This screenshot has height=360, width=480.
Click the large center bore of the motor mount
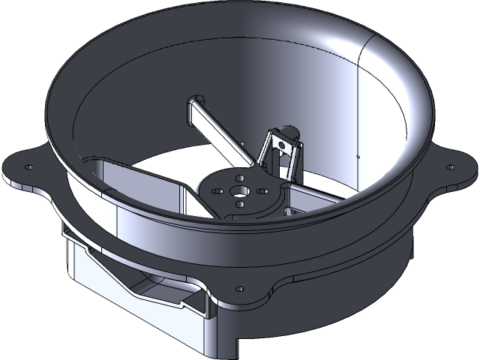coord(238,190)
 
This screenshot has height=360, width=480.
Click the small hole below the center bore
coord(236,203)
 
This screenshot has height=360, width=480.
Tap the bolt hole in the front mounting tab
coord(240,287)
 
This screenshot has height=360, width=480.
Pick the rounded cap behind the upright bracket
coord(289,132)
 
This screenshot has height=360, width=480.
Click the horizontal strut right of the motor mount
coord(315,196)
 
